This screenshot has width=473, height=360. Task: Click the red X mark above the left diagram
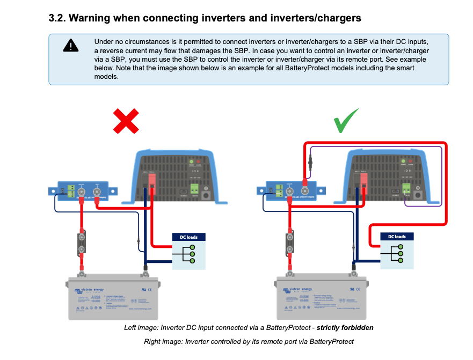(126, 121)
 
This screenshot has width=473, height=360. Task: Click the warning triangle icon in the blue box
(70, 45)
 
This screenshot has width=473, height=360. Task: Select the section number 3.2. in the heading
(56, 18)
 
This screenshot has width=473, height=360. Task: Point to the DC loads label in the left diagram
(188, 237)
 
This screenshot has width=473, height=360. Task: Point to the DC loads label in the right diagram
(397, 237)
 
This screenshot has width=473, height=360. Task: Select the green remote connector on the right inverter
(407, 188)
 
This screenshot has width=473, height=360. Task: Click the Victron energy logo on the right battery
(298, 291)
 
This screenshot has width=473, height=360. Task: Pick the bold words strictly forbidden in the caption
(344, 327)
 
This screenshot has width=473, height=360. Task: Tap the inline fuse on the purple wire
(310, 160)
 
